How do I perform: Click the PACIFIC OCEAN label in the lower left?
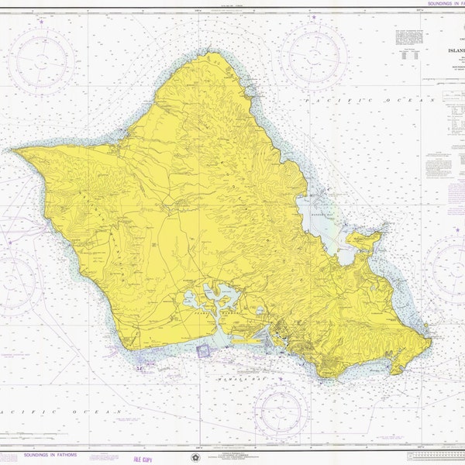pyautogui.click(x=62, y=409)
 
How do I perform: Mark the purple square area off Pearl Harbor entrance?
pyautogui.click(x=203, y=350)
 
